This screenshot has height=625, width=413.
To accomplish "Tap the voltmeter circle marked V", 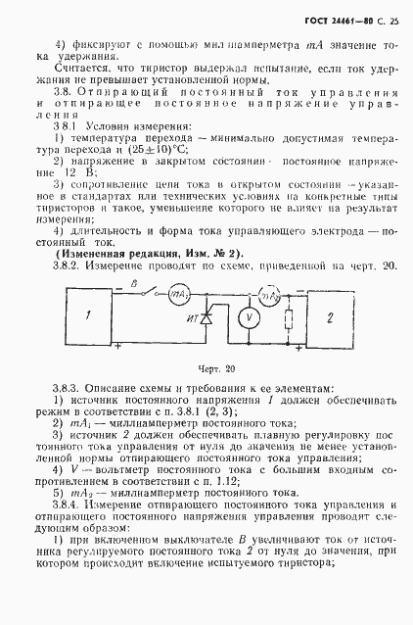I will (249, 316).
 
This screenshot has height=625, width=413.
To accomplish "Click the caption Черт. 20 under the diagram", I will (206, 369).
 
